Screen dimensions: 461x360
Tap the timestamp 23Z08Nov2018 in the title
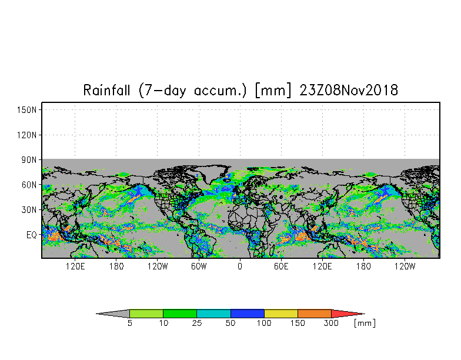349,89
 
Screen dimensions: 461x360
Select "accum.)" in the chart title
220,91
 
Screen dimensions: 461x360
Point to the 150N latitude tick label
26,110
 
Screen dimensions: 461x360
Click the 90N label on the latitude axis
29,160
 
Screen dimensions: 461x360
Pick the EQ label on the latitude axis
32,235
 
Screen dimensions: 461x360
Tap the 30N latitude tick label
29,210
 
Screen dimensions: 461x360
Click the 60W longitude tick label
199,266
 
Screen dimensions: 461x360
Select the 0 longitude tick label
240,266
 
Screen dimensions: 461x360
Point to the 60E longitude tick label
281,266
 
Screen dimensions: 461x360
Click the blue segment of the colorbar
247,314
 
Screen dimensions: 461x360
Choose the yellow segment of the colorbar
281,314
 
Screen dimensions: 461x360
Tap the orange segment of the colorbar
314,314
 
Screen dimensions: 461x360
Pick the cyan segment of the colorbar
214,314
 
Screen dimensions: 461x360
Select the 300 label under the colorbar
331,323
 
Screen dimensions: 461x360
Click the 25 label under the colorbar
197,323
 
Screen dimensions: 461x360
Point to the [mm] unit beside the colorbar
365,324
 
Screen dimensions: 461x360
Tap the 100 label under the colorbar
264,323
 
